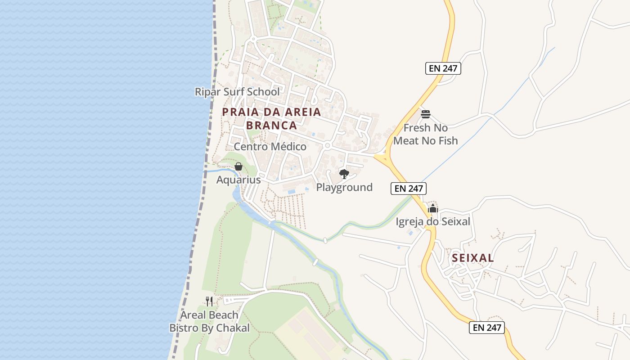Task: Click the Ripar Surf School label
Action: pyautogui.click(x=237, y=92)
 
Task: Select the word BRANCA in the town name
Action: pyautogui.click(x=271, y=126)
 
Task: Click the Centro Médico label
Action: pyautogui.click(x=270, y=147)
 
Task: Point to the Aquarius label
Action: pyautogui.click(x=238, y=180)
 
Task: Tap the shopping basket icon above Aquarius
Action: pyautogui.click(x=238, y=167)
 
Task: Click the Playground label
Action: pyautogui.click(x=344, y=187)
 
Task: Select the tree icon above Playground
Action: pyautogui.click(x=344, y=174)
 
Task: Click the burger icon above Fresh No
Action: pyautogui.click(x=426, y=114)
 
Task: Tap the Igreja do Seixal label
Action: pyautogui.click(x=433, y=221)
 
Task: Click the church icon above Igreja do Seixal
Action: pyautogui.click(x=433, y=208)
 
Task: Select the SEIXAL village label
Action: pyautogui.click(x=473, y=258)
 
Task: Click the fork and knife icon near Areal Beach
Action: pyautogui.click(x=209, y=301)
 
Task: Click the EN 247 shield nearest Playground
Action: pyautogui.click(x=409, y=189)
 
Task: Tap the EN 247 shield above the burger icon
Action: pyautogui.click(x=443, y=68)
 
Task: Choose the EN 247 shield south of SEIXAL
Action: pyautogui.click(x=487, y=328)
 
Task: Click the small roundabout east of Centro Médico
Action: pyautogui.click(x=327, y=146)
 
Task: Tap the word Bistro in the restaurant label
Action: pyautogui.click(x=184, y=328)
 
